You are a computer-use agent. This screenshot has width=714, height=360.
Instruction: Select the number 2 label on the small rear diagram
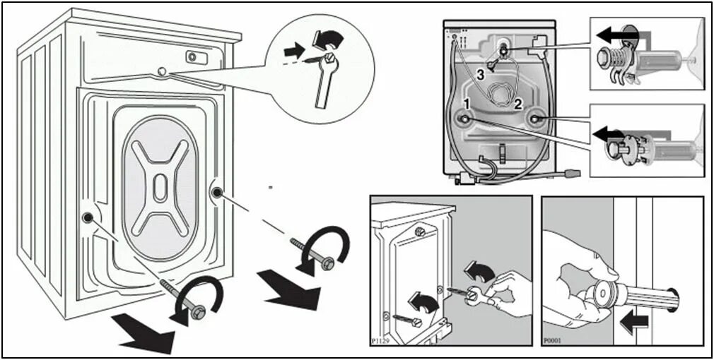518,104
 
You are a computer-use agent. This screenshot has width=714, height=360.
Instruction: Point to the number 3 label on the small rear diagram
479,74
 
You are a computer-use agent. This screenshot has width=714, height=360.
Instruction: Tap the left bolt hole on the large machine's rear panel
88,217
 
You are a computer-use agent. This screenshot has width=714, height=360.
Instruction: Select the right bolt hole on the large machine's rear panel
216,191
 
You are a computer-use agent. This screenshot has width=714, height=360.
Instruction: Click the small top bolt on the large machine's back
162,71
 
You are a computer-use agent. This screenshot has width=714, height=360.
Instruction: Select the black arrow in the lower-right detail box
609,133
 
